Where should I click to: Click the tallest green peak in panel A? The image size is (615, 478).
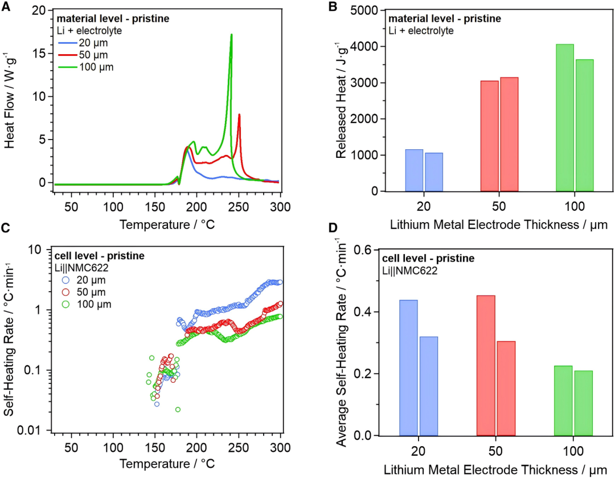point(231,35)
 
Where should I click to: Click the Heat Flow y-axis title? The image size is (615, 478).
point(11,98)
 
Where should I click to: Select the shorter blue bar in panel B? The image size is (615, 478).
point(434,171)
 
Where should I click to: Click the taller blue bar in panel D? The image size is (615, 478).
point(408,367)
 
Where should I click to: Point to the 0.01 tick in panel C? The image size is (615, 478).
point(35,430)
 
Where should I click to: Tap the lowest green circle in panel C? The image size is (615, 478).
point(178,410)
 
